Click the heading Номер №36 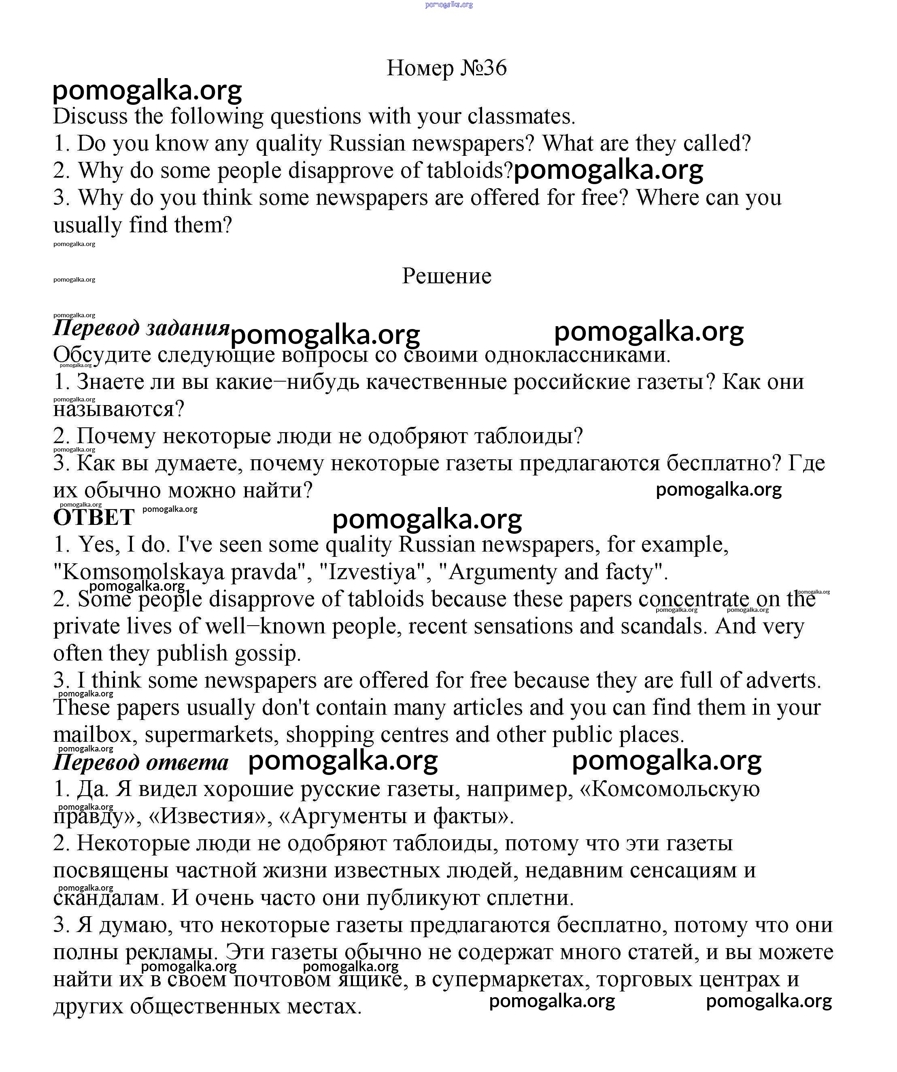447,68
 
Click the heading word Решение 447,276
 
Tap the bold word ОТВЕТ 94,517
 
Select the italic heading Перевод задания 141,328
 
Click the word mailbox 96,735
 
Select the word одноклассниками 577,355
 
